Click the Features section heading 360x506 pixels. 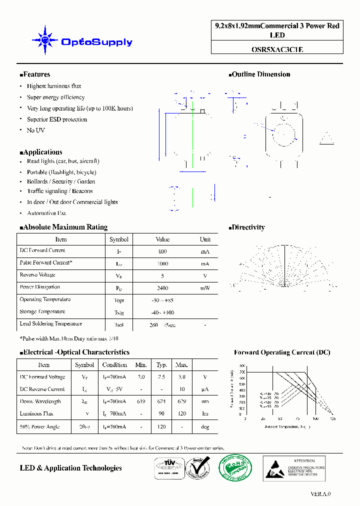35,74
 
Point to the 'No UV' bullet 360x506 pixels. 35,130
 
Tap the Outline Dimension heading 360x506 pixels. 260,74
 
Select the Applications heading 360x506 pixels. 41,152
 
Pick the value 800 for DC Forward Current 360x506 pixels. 162,251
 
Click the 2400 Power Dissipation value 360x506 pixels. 162,288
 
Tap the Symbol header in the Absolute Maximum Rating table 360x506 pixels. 119,239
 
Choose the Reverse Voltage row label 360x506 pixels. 37,275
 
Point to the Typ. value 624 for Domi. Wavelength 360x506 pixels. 161,401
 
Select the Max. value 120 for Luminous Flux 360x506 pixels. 181,413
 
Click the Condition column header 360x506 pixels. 114,365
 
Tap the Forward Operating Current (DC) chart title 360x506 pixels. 282,352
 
